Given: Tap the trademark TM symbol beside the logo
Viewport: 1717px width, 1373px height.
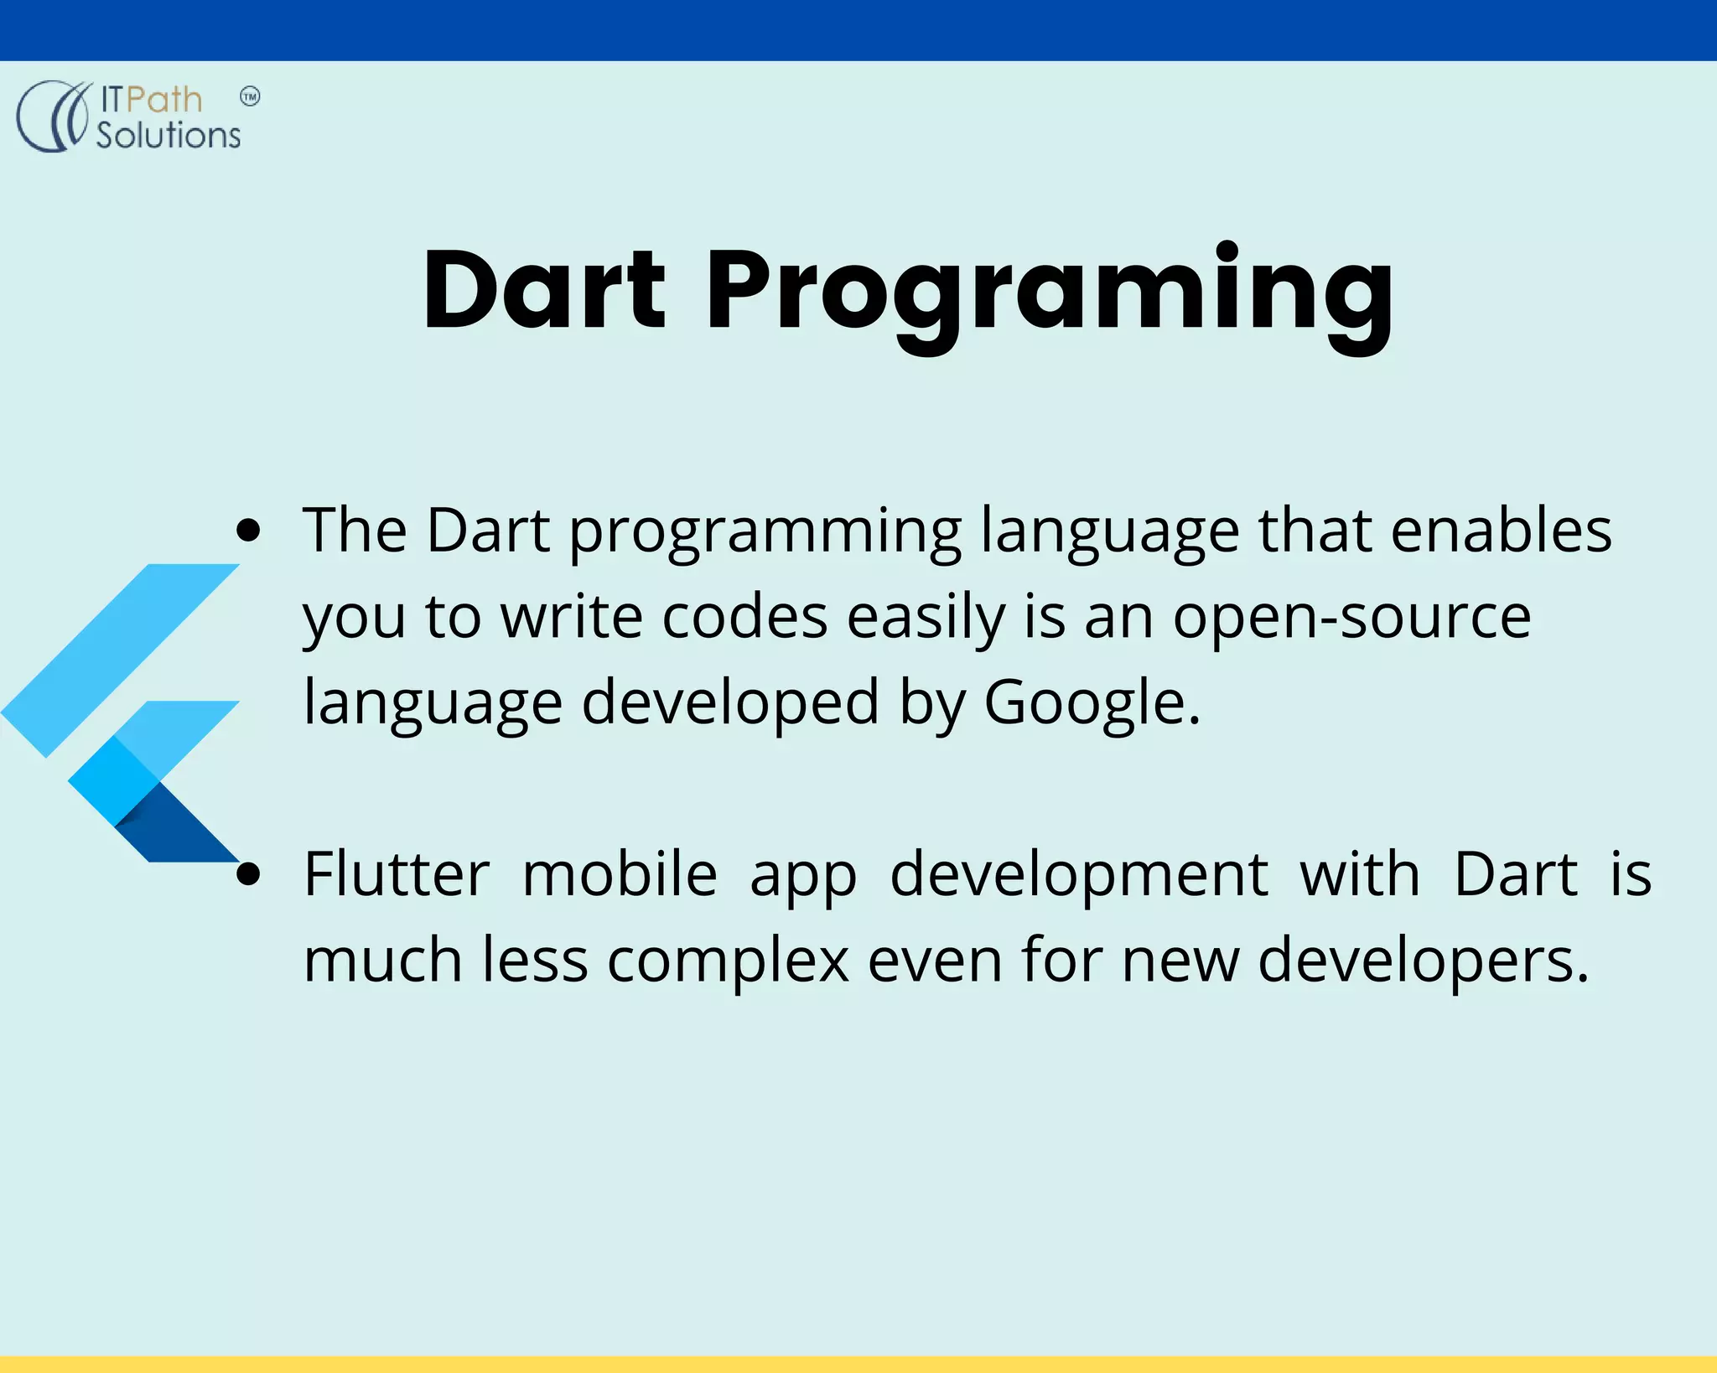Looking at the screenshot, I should pyautogui.click(x=250, y=96).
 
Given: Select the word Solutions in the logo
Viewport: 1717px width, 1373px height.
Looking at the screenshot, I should pyautogui.click(x=168, y=135).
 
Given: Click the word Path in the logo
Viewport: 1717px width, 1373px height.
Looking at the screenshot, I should pyautogui.click(x=164, y=100).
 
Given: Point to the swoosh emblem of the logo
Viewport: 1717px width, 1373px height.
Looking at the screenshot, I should pyautogui.click(x=52, y=116).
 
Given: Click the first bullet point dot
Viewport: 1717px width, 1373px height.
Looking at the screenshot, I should pyautogui.click(x=248, y=530).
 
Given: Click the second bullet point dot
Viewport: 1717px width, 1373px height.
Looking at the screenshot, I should pyautogui.click(x=248, y=873).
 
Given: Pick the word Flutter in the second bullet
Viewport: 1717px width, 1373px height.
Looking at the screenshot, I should pyautogui.click(x=397, y=874).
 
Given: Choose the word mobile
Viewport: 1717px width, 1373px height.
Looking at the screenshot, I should pyautogui.click(x=620, y=874).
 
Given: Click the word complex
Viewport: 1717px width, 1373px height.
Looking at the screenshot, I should pyautogui.click(x=728, y=961).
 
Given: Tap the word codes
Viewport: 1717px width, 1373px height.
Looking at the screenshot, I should pyautogui.click(x=744, y=617).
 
